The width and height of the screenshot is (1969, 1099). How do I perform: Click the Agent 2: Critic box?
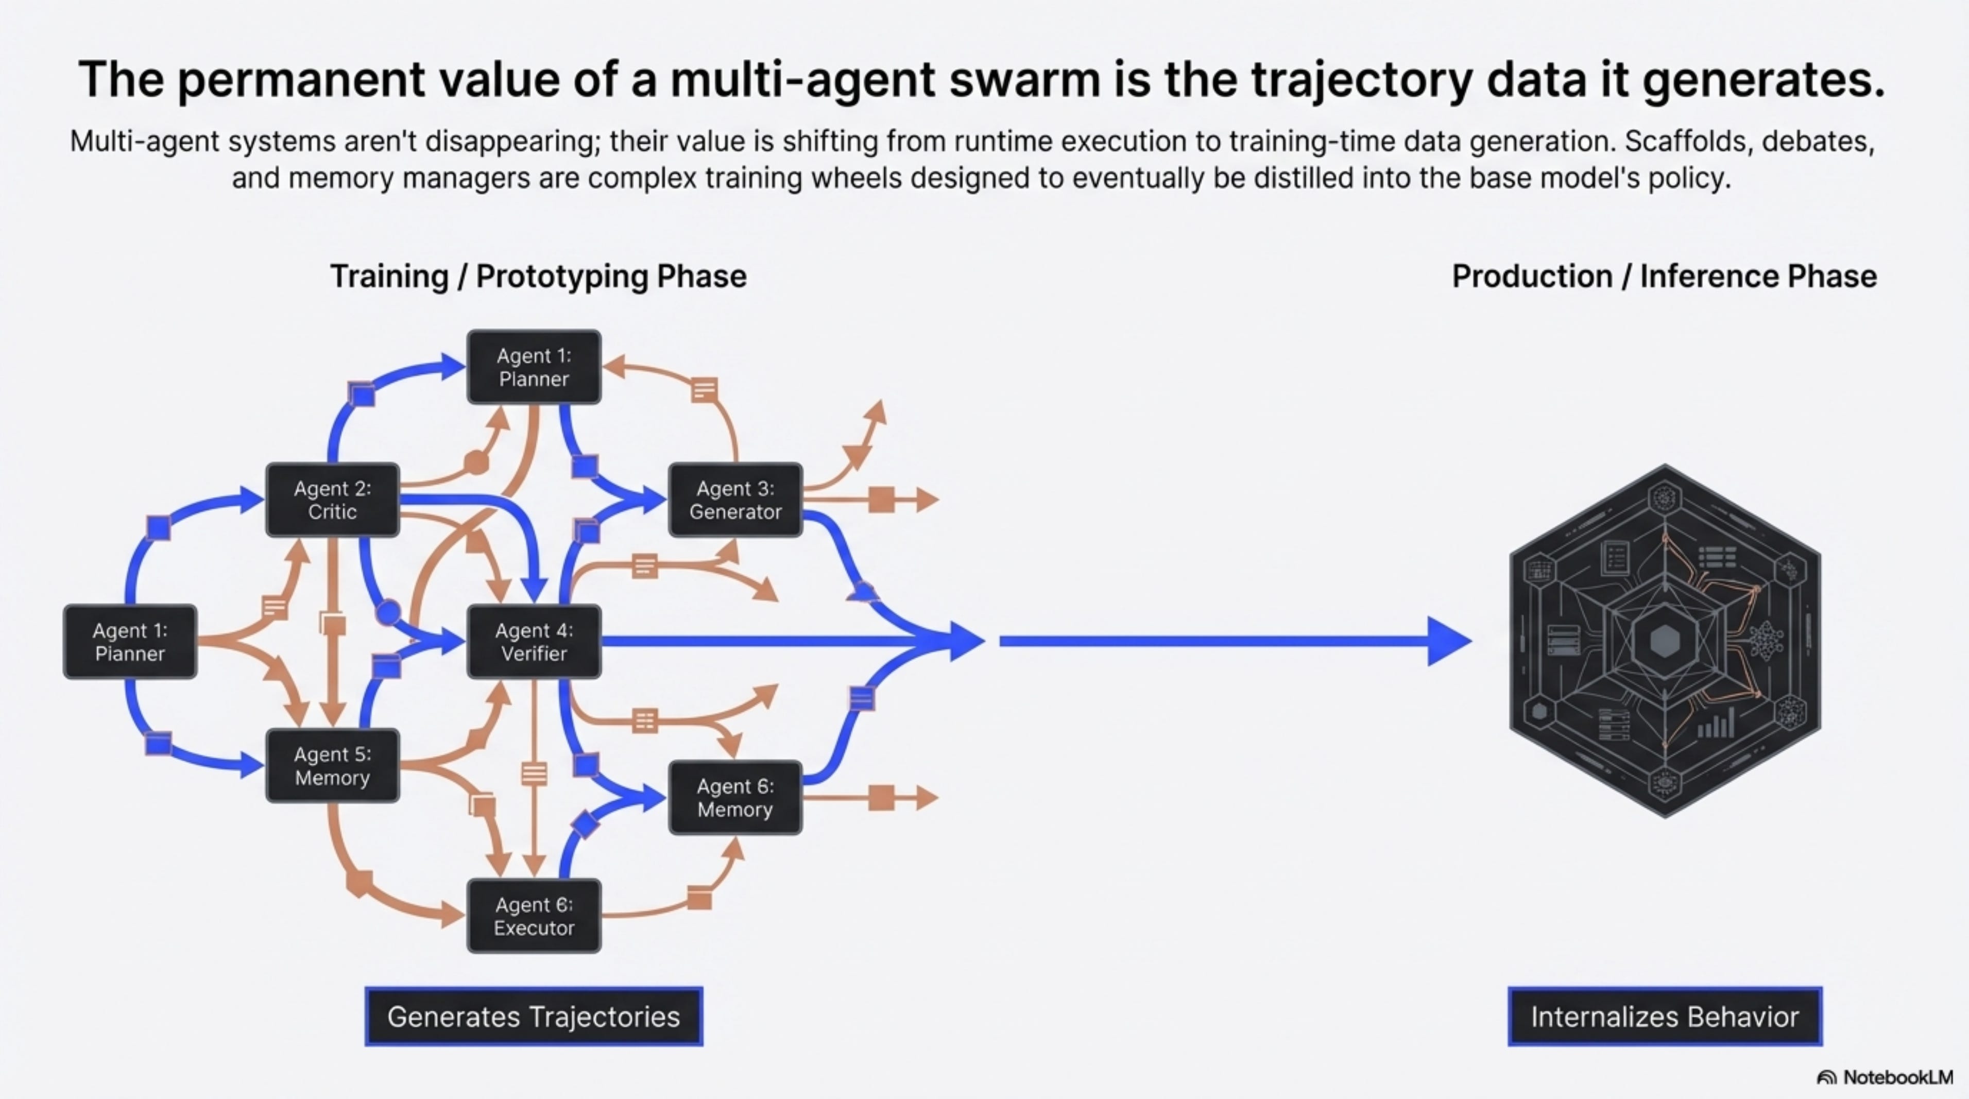pos(333,500)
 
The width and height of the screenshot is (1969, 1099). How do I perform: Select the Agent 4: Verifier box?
pos(534,642)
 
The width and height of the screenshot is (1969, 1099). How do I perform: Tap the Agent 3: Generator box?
pos(735,500)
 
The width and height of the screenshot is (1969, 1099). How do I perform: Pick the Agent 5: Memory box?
pos(333,766)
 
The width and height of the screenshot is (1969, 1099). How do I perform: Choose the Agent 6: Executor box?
pos(534,916)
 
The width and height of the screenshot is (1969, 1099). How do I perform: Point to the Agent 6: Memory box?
pos(735,798)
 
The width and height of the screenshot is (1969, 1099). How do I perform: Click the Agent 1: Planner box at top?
pos(534,367)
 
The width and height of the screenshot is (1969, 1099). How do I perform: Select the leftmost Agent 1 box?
pos(130,642)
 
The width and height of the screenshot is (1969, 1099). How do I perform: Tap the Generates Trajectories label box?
pos(534,1017)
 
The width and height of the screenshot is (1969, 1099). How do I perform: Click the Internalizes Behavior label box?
pos(1665,1017)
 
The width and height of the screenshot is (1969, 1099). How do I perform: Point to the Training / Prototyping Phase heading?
pos(538,277)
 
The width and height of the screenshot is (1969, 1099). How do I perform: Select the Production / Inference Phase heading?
pos(1664,277)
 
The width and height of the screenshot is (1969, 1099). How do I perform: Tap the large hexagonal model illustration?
pos(1665,641)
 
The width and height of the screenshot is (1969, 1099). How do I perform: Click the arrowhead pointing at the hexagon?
pos(1448,641)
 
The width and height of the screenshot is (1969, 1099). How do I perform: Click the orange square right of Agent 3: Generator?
pos(881,500)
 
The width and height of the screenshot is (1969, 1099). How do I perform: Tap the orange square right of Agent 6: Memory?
pos(881,798)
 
